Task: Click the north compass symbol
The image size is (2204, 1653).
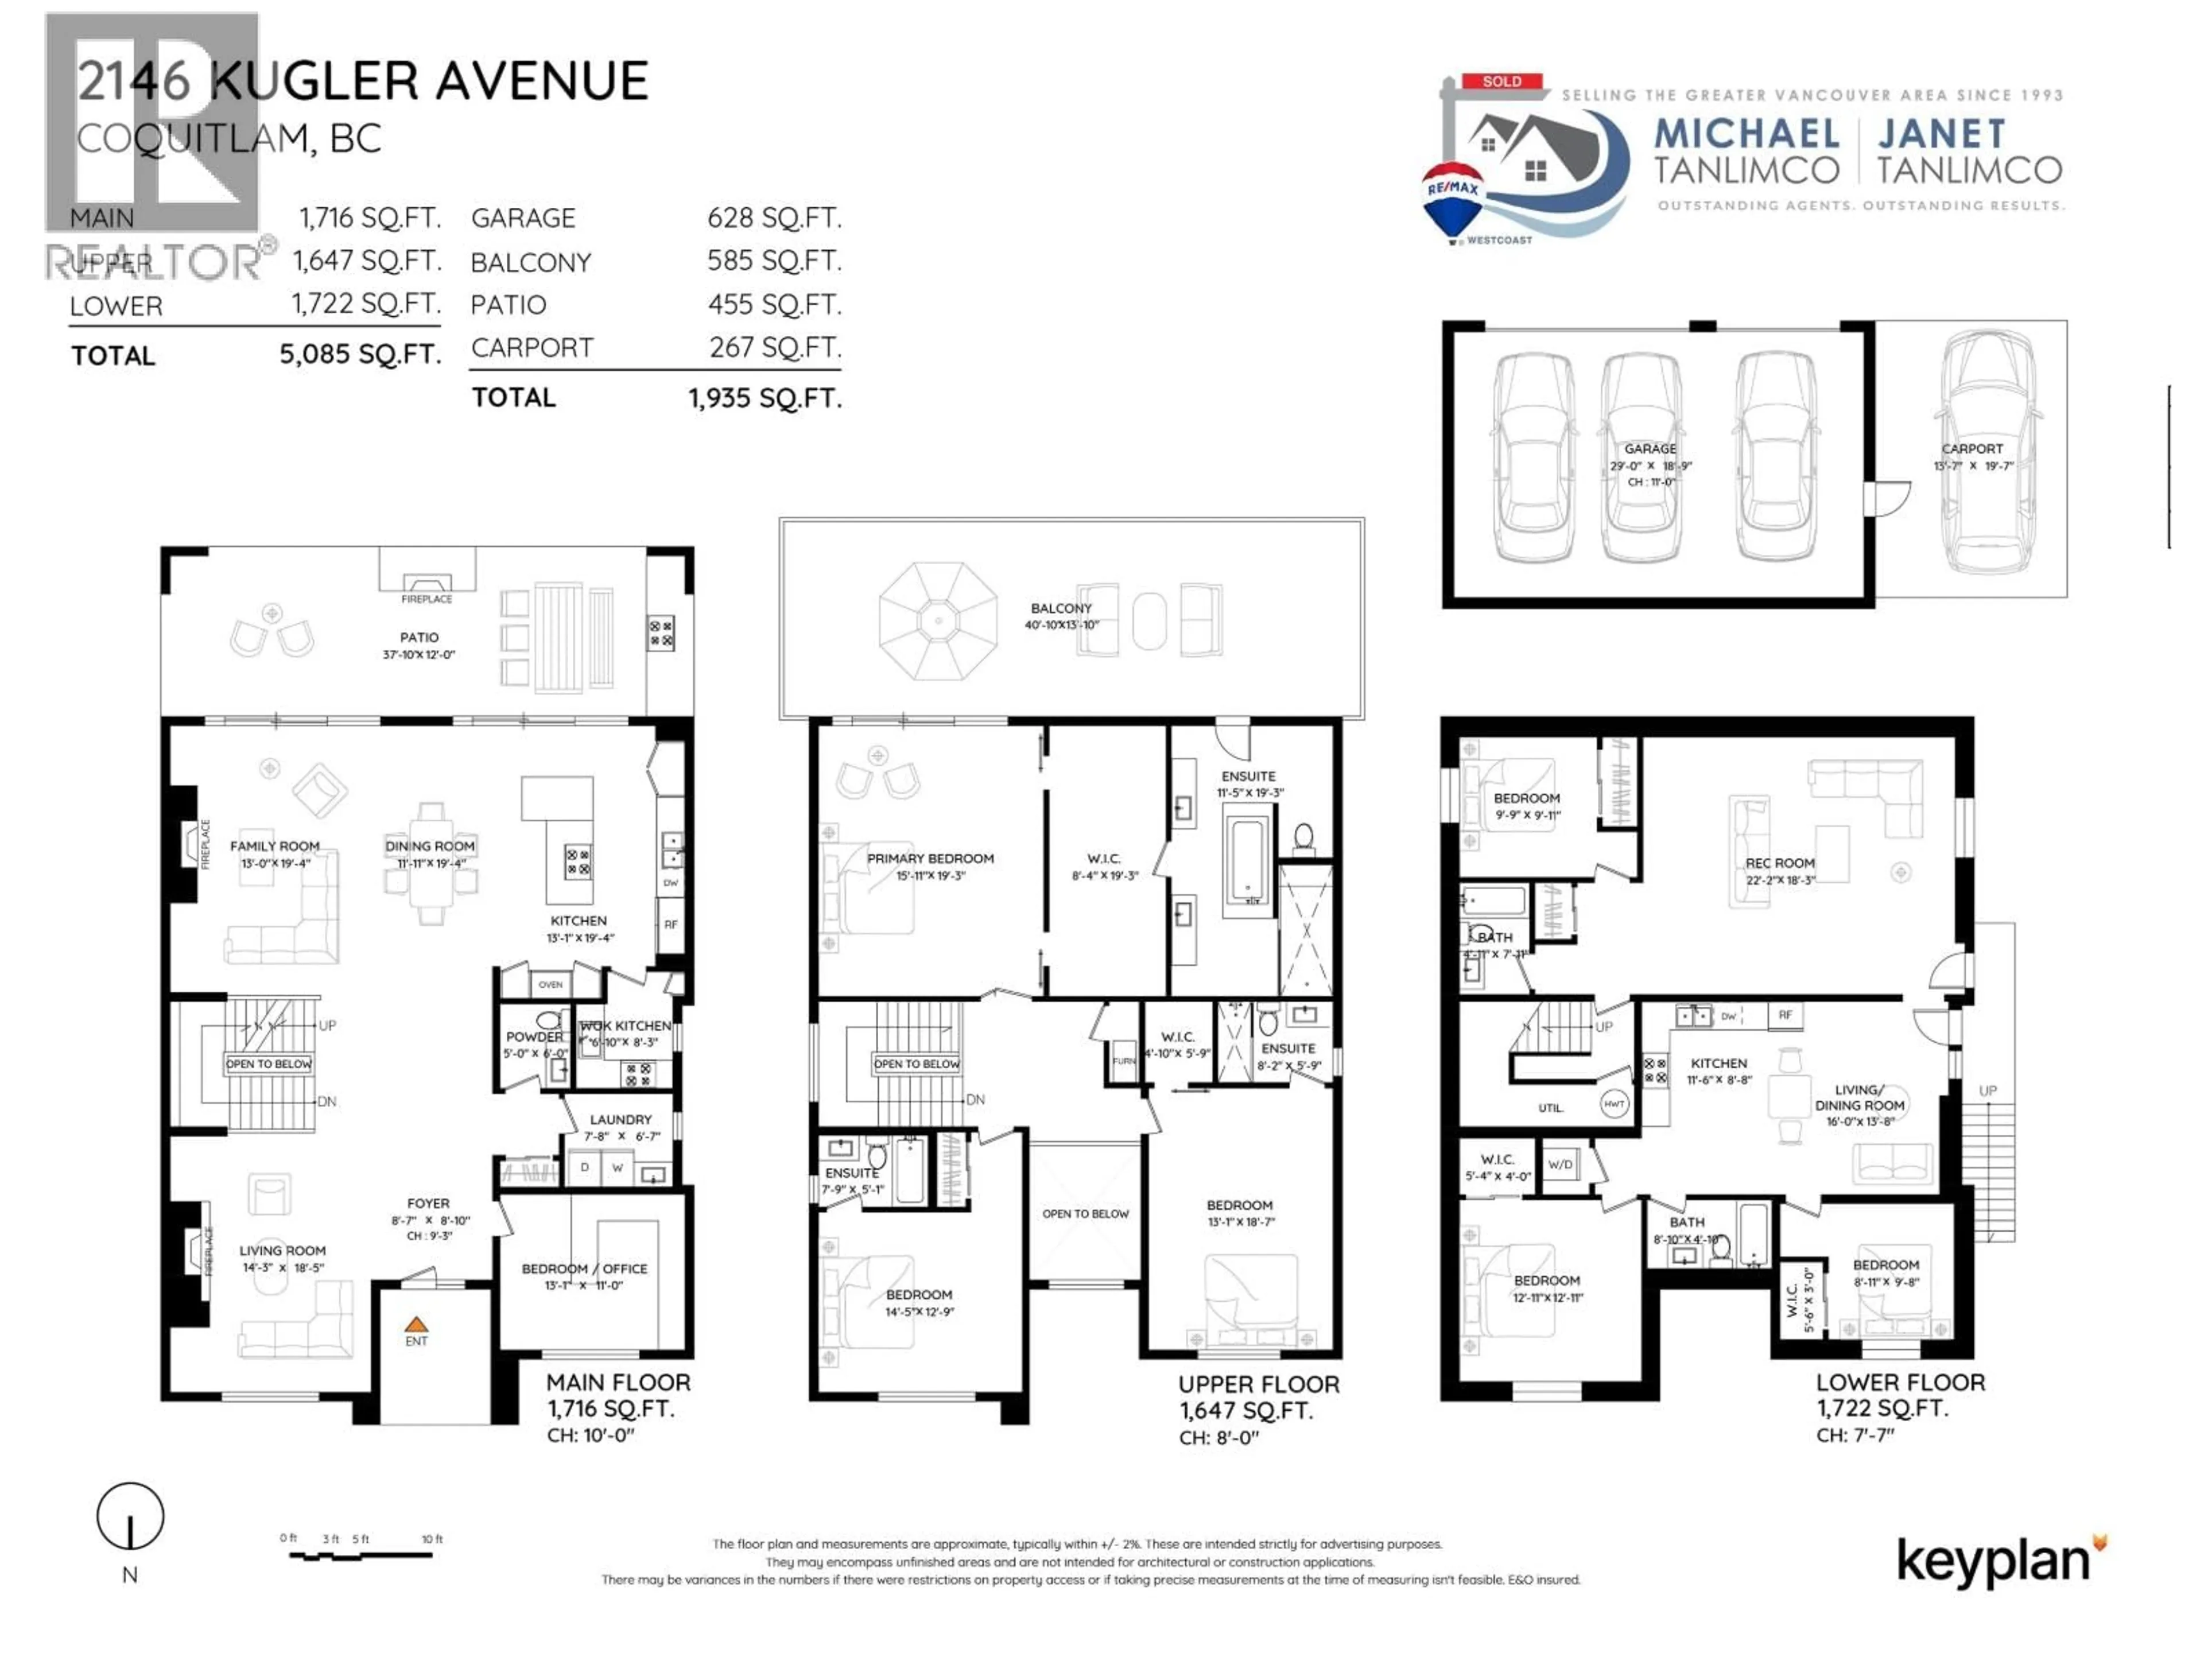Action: (130, 1516)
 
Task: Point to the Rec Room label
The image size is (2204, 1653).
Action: (1779, 863)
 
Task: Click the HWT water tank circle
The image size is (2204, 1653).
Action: (1614, 1103)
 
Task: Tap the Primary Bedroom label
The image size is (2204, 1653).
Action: (930, 858)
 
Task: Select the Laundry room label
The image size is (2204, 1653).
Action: (620, 1119)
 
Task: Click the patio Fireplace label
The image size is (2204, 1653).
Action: (426, 599)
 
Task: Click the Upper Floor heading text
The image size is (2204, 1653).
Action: (1259, 1384)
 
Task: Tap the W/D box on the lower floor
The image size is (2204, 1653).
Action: (1561, 1164)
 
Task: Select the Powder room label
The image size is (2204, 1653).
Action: (534, 1036)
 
